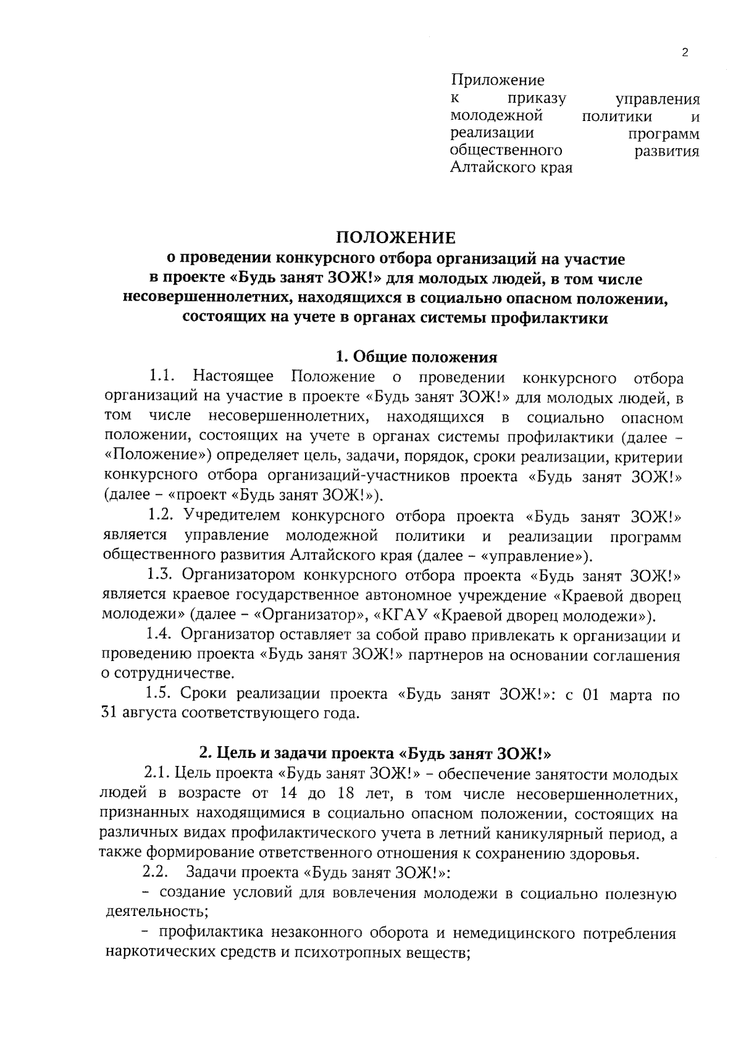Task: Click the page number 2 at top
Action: [684, 52]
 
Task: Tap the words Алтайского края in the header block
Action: [511, 167]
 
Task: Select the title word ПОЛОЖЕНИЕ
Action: [395, 238]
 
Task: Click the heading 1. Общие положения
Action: [416, 357]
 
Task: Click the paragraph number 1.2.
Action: [163, 516]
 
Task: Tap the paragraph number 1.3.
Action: [162, 576]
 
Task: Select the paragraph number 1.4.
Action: [161, 635]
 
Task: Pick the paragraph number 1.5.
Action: [161, 694]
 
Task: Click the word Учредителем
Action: [232, 516]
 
